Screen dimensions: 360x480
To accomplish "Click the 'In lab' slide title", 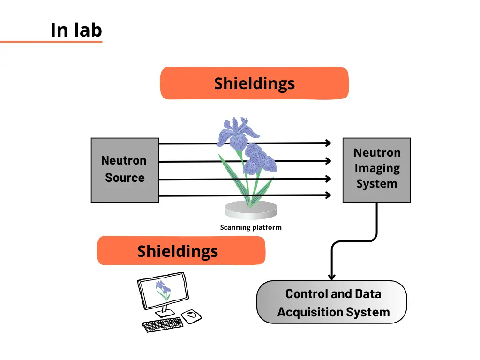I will [x=76, y=30].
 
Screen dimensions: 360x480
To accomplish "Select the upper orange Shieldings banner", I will [x=255, y=83].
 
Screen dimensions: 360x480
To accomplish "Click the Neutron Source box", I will [x=125, y=170].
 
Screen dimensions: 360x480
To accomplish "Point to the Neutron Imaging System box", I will [x=376, y=169].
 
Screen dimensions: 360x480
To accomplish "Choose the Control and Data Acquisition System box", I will [x=331, y=302].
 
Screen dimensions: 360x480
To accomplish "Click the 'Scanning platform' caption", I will [x=251, y=228].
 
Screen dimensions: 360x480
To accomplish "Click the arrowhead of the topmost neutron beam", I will [x=329, y=143].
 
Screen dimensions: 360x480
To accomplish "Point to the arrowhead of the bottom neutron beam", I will [x=329, y=195].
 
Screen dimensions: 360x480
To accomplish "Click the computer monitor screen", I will [x=163, y=291].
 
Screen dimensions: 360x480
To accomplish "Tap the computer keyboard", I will [x=162, y=324].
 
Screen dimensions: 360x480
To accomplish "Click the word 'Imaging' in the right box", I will [x=377, y=168].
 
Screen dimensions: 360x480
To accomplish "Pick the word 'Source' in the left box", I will [x=125, y=178].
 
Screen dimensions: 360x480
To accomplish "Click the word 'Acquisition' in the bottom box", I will [x=310, y=312].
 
